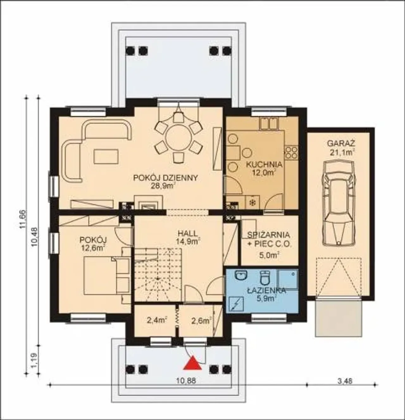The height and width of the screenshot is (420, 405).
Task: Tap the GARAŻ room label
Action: point(341,143)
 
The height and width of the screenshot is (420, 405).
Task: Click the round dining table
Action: point(178,138)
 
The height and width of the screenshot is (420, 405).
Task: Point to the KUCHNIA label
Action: point(264,164)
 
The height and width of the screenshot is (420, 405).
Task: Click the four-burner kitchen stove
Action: point(291,152)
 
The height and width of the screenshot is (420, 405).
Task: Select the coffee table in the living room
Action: point(106,156)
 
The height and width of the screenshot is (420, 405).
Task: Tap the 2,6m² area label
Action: point(201,321)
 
